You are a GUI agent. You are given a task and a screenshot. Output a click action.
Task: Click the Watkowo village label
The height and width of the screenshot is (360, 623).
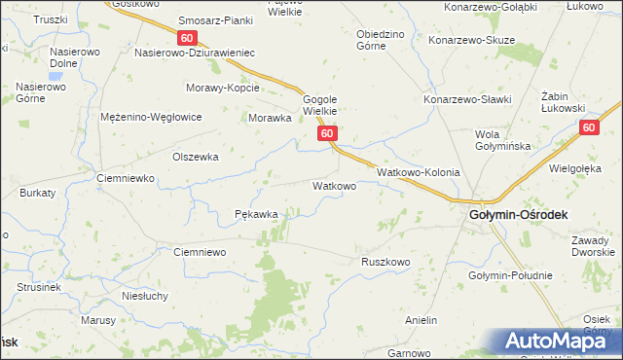(333, 185)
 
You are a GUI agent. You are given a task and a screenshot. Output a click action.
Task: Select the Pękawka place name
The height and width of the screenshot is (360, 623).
(257, 214)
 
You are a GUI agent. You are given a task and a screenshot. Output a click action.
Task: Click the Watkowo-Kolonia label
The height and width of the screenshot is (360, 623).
(418, 171)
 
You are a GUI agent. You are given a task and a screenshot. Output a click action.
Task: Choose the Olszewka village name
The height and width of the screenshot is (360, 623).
(195, 156)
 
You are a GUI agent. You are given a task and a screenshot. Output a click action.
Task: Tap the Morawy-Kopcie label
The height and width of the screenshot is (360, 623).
(223, 88)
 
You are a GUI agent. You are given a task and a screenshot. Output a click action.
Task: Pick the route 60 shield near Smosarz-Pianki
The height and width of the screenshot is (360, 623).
(189, 37)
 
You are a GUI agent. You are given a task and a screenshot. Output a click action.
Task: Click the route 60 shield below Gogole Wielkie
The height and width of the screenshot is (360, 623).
(327, 133)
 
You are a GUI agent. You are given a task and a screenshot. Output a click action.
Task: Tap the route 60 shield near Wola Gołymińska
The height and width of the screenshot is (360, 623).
(588, 127)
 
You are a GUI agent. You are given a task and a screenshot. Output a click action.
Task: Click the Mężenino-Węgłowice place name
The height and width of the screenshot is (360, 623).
(151, 117)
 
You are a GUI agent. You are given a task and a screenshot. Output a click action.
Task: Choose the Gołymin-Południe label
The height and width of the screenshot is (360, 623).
(510, 275)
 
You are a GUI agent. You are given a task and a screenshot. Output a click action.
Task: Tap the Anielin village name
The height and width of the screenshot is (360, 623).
(422, 319)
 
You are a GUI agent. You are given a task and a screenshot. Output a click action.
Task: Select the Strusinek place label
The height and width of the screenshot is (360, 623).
(39, 288)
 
